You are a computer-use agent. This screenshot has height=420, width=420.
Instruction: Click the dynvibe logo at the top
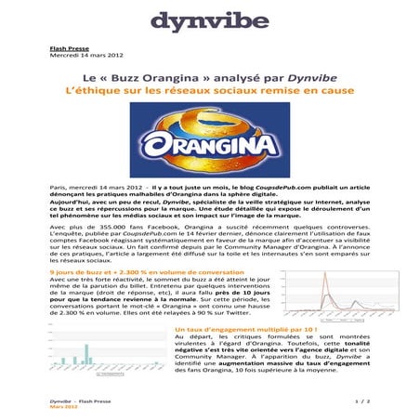(209, 20)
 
